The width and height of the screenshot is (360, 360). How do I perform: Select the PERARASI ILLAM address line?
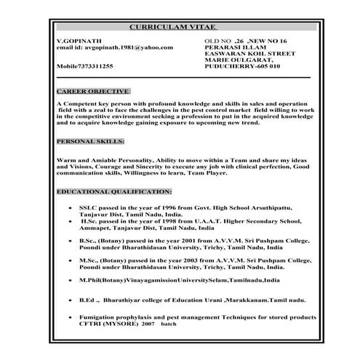237,47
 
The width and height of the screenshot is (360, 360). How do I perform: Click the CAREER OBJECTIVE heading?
92,92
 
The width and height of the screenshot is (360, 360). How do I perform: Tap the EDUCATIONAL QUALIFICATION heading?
113,191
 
